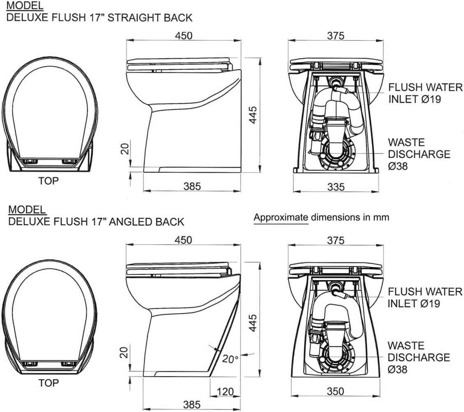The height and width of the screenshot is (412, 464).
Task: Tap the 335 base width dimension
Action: pos(336,187)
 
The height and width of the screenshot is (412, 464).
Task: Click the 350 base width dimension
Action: pos(336,391)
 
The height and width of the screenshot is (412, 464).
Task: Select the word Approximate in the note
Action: pos(281,217)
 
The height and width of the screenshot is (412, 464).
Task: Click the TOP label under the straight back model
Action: pos(48,180)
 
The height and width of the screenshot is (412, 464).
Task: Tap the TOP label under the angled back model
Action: pos(48,383)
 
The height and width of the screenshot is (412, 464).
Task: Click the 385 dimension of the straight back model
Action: pos(192,186)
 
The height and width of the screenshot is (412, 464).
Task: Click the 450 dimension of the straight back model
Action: pos(183,35)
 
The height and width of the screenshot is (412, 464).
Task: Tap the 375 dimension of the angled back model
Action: pos(336,240)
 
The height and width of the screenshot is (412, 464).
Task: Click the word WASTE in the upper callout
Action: pos(401,143)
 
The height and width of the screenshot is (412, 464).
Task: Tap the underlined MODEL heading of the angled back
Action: pos(27,209)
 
